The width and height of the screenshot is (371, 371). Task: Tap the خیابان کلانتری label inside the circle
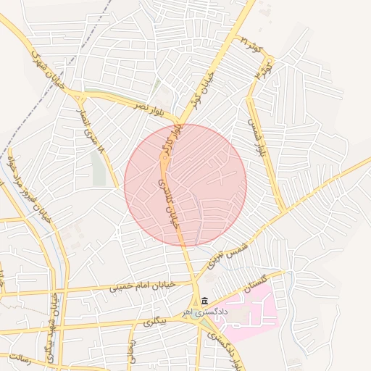coord(167,205)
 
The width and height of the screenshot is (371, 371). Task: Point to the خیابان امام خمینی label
coord(143,286)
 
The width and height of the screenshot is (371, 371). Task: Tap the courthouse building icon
coord(205,301)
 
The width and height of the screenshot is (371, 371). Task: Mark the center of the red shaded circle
coord(185,185)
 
